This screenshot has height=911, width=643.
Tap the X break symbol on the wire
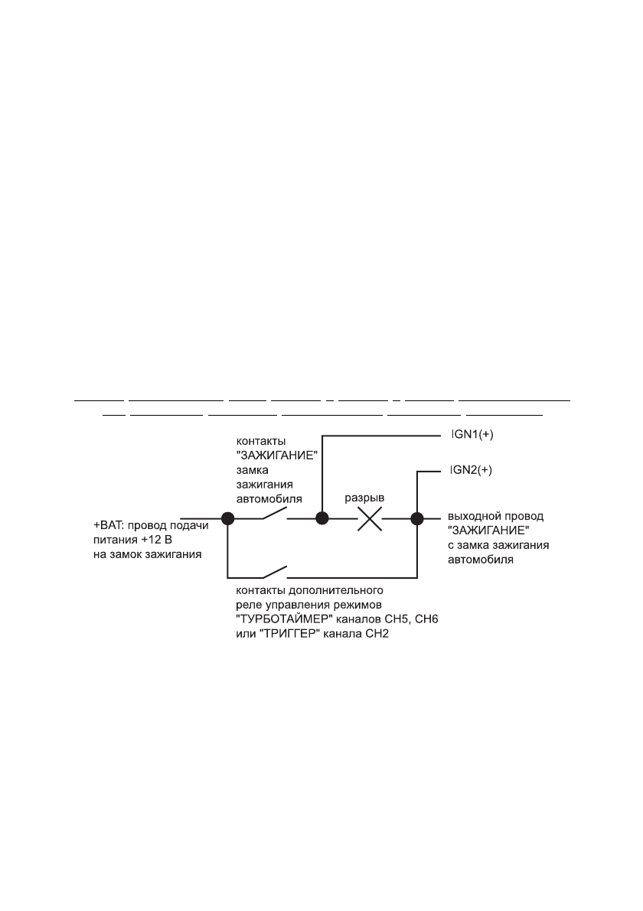[x=370, y=519]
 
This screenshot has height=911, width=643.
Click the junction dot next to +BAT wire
[x=227, y=519]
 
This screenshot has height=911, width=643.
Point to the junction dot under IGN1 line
[x=322, y=519]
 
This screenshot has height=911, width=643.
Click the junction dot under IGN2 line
[x=417, y=519]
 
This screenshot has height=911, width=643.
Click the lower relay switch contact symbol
[x=275, y=573]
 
